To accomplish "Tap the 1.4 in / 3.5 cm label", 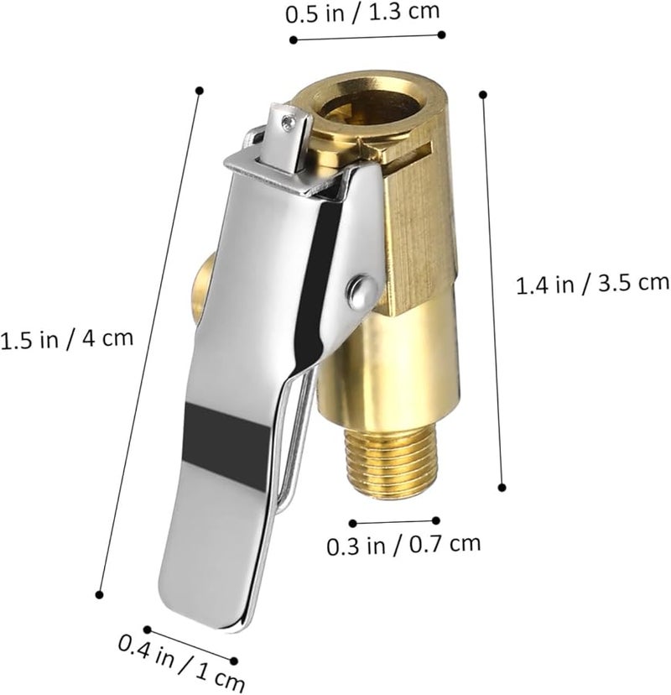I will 592,284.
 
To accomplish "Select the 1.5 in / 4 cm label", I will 66,340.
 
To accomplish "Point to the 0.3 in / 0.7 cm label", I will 403,544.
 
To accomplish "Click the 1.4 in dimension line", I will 493,290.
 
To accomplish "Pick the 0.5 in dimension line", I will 367,37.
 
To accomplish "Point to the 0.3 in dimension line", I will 392,523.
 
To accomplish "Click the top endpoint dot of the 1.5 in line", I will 200,89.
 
